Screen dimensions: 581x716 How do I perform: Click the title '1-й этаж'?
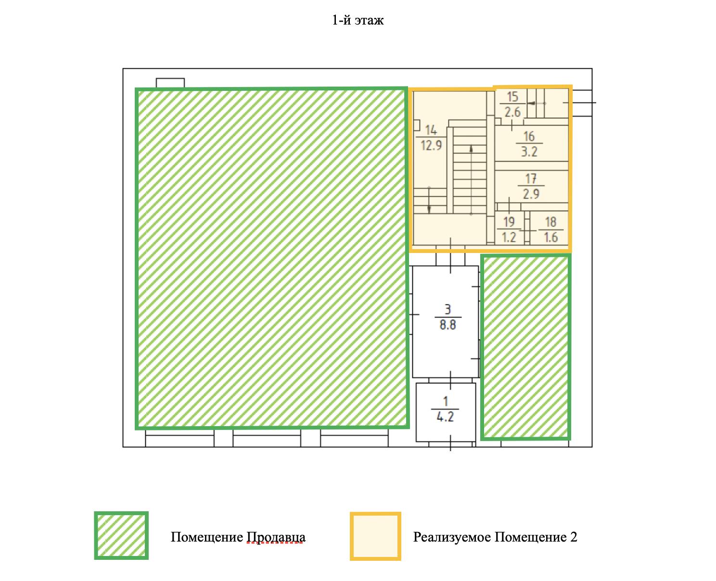(358, 21)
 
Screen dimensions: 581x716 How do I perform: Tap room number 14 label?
(431, 130)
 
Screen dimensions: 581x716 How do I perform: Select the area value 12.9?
(431, 144)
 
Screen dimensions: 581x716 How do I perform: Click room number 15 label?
(512, 97)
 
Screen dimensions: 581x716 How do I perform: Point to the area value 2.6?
(512, 112)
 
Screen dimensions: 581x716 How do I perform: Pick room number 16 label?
(529, 137)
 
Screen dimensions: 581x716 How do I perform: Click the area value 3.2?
(529, 152)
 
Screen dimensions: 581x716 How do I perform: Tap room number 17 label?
(531, 179)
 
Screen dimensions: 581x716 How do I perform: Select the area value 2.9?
(531, 194)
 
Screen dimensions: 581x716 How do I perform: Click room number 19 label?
(509, 222)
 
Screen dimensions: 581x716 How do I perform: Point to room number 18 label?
(550, 222)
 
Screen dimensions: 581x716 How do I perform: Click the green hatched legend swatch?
(121, 535)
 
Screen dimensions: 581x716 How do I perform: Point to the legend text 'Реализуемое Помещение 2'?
(495, 537)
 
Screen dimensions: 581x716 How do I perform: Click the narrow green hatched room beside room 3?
(525, 347)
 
